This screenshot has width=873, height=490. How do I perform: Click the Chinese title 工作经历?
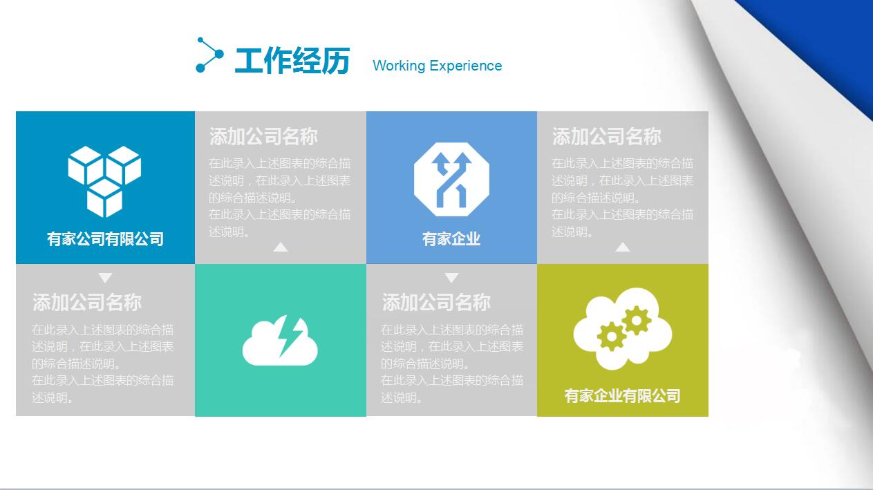tap(292, 61)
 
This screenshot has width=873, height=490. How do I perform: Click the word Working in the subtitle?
tap(399, 66)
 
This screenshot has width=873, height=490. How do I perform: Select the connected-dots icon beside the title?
tap(209, 55)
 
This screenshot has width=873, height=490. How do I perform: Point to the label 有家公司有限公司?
tap(105, 239)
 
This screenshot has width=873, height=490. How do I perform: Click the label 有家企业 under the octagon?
tap(451, 239)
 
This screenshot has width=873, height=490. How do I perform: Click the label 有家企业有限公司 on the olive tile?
tap(622, 396)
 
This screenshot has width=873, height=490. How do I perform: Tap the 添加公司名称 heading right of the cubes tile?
tap(263, 137)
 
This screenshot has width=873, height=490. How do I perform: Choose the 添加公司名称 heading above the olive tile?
tap(606, 137)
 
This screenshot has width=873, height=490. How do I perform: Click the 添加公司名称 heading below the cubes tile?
tap(87, 302)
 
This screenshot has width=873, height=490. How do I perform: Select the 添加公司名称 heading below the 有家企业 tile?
tap(436, 302)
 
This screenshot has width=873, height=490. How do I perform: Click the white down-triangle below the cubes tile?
tap(105, 278)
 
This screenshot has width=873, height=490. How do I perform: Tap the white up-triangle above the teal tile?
tap(280, 247)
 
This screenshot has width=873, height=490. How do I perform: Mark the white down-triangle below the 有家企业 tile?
tap(451, 278)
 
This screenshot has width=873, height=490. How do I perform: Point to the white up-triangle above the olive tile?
tap(623, 247)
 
